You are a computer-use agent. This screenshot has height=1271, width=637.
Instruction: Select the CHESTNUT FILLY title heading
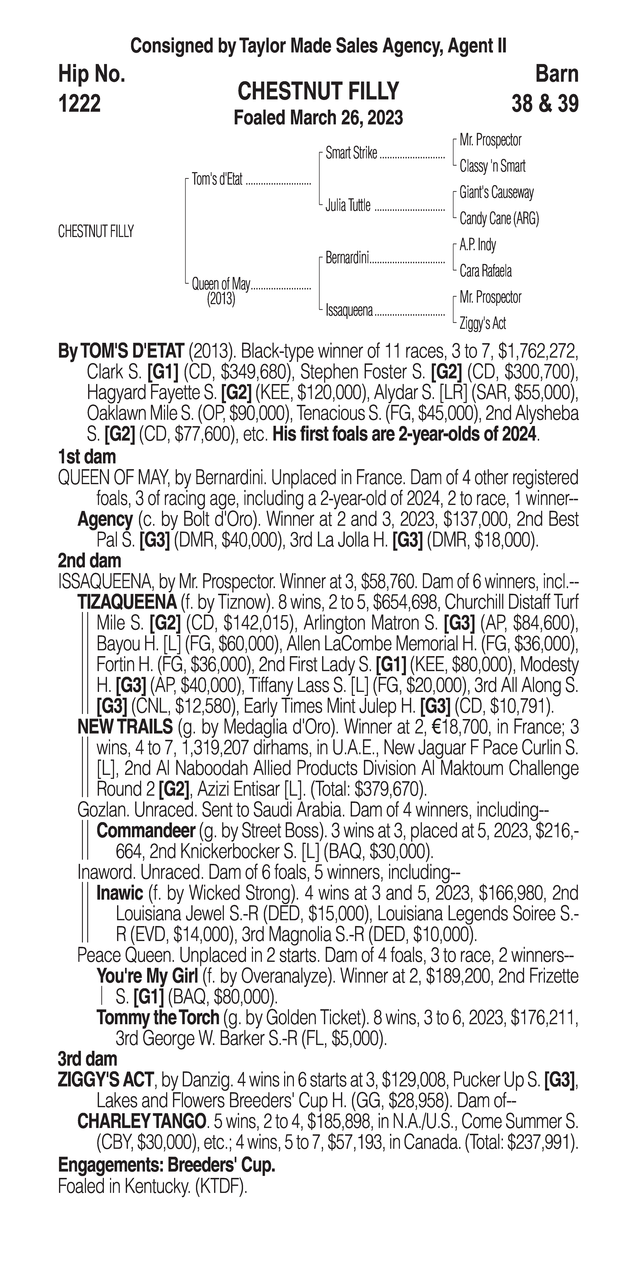click(318, 91)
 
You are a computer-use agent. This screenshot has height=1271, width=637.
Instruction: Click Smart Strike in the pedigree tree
click(351, 153)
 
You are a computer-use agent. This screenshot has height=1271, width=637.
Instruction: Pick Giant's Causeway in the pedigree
click(496, 192)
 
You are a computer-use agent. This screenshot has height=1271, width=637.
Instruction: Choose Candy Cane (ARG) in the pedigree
click(499, 219)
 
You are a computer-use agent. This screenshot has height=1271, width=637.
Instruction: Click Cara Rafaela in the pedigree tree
click(485, 271)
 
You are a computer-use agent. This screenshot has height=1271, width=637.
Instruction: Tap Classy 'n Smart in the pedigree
click(492, 166)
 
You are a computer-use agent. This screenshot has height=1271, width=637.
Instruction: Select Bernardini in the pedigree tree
click(347, 258)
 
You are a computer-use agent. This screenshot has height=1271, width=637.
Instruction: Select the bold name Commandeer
click(146, 831)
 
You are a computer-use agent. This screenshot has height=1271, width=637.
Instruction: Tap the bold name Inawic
click(119, 893)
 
